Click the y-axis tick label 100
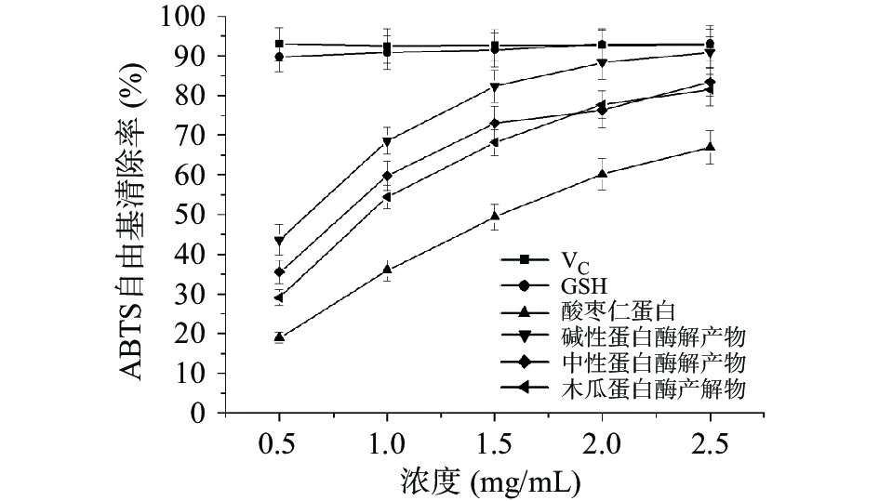[x=184, y=16]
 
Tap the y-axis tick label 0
[x=198, y=413]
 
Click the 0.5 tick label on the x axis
[x=279, y=443]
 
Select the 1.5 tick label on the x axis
[x=494, y=443]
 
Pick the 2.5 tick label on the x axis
[x=710, y=443]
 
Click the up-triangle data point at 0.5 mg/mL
[x=279, y=337]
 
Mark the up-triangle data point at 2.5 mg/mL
[x=710, y=147]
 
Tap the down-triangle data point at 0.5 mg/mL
[x=279, y=241]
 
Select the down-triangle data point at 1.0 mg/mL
[x=387, y=142]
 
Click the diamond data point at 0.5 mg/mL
[x=279, y=272]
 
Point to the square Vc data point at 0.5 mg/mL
[x=279, y=44]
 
